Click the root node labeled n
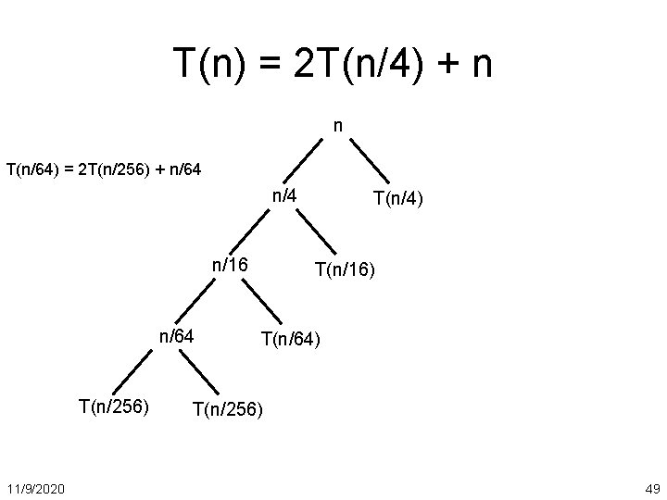339,124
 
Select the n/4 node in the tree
283,195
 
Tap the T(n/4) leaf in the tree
398,198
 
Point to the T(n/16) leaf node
345,269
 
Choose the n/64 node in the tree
175,335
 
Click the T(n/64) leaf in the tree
291,340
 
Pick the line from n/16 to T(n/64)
262,303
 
